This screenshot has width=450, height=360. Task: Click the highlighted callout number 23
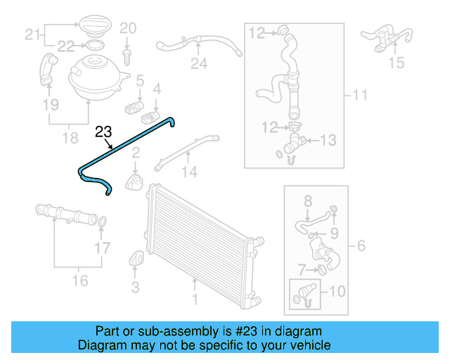(x=103, y=131)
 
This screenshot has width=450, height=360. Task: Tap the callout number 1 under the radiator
(x=195, y=300)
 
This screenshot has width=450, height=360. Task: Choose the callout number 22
(x=65, y=46)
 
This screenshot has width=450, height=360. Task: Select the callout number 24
(x=199, y=64)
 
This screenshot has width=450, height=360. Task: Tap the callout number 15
(x=397, y=63)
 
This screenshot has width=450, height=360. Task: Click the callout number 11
(x=360, y=95)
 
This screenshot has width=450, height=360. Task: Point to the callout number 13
(x=329, y=141)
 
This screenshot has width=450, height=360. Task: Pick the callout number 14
(x=189, y=172)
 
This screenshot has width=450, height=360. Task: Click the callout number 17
(x=103, y=247)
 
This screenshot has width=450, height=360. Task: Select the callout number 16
(x=80, y=281)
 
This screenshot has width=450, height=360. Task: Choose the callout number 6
(x=361, y=246)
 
